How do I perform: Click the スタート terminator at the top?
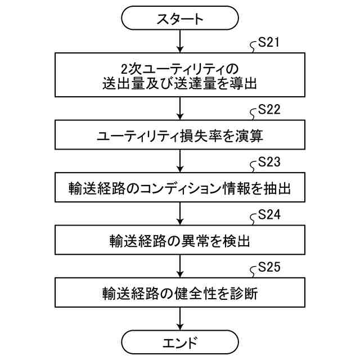point(180,18)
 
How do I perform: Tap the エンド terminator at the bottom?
point(180,341)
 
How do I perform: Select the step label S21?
point(269,43)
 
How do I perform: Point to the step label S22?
point(269,110)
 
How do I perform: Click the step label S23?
point(269,163)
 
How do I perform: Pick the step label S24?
point(269,216)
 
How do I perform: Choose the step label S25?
point(269,268)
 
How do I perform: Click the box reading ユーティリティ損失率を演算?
point(180,136)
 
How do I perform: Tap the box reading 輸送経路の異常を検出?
point(180,241)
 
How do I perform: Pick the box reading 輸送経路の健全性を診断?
point(180,294)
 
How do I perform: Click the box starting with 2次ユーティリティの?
point(180,76)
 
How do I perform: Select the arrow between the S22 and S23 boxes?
point(180,162)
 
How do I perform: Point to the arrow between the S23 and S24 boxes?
point(180,215)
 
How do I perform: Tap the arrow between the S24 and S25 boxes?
point(180,267)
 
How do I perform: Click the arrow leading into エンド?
point(180,319)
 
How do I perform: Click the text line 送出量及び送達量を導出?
point(180,84)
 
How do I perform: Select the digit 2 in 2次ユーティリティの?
point(124,68)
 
